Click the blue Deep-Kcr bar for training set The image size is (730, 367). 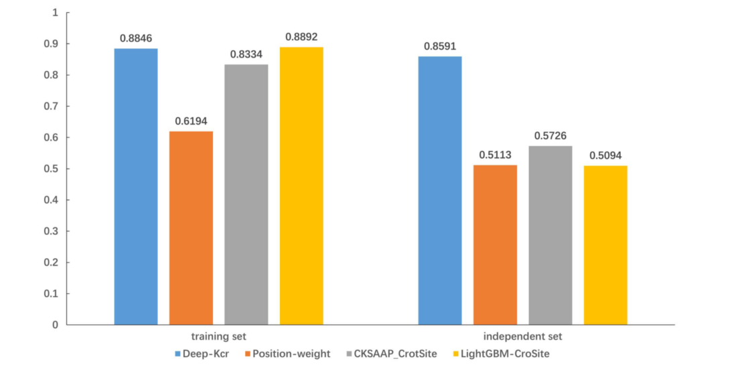[x=136, y=186]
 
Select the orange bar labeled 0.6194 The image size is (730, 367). [x=191, y=228]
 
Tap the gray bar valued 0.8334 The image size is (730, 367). [x=246, y=194]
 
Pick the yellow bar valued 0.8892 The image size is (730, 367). [x=301, y=186]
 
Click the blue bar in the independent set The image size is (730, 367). [x=440, y=190]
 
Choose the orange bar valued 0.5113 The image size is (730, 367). [x=495, y=244]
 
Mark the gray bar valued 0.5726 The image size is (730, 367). [x=551, y=235]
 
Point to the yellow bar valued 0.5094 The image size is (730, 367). [x=605, y=245]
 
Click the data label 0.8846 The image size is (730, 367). [x=136, y=38]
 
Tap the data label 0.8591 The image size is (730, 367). [x=440, y=46]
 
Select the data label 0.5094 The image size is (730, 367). [x=605, y=155]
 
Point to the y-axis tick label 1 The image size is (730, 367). [x=56, y=13]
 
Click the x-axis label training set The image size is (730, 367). [x=219, y=336]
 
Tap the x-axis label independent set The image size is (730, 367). [x=522, y=336]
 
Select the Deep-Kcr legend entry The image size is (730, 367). [x=202, y=354]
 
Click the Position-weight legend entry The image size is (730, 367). [x=288, y=354]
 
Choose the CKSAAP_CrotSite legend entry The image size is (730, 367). [x=392, y=354]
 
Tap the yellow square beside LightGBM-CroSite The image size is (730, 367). [x=456, y=354]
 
